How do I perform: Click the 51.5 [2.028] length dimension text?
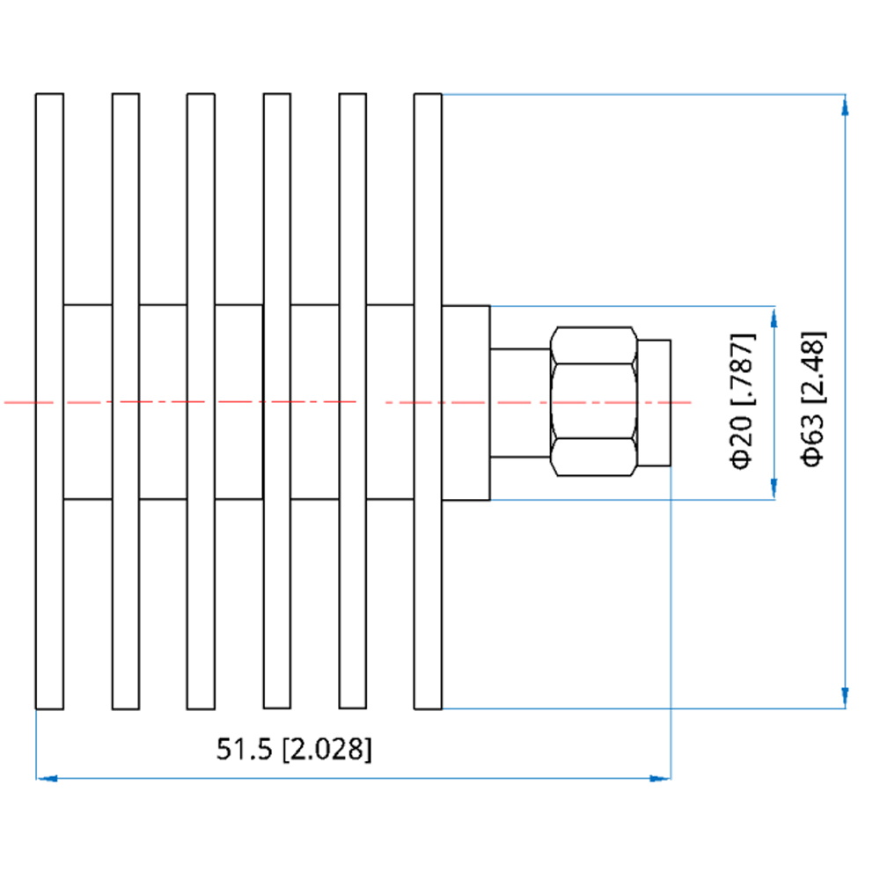point(294,749)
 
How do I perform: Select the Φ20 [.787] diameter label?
point(742,401)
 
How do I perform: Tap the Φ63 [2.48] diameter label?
point(813,399)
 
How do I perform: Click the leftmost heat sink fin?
point(49,401)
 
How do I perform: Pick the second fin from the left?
point(126,401)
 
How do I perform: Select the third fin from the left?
point(201,401)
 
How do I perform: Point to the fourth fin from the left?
point(277,401)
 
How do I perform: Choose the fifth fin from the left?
point(353,401)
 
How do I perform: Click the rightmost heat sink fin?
point(429,401)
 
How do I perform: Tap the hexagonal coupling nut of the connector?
point(594,401)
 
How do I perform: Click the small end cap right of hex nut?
point(655,402)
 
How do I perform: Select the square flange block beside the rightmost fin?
point(466,403)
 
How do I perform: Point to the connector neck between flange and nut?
point(520,403)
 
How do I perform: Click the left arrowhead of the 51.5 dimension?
point(47,779)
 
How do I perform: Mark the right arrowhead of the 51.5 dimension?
point(660,779)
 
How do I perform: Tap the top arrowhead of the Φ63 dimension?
point(845,105)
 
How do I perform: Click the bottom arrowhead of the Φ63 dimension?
point(845,698)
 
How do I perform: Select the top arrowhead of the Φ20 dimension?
point(774,317)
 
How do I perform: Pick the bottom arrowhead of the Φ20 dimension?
point(774,488)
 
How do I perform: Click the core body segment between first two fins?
point(87,402)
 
